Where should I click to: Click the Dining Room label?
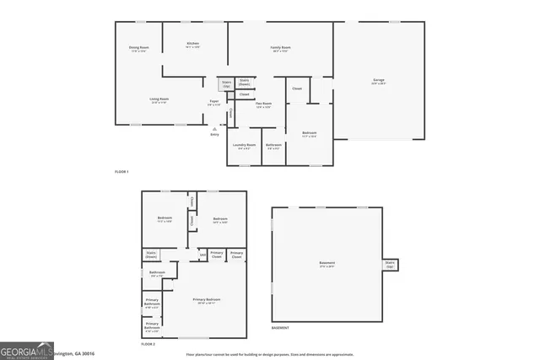tap(138, 49)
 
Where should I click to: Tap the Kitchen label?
tap(192, 46)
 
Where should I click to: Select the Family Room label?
tap(280, 49)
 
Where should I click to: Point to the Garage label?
tap(379, 82)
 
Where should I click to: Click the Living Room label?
tap(159, 101)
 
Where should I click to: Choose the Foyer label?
tap(215, 103)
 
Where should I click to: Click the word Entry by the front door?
tap(214, 134)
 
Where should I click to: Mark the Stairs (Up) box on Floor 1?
tap(226, 84)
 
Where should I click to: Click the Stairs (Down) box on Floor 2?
tap(151, 254)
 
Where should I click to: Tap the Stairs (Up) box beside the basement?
tap(390, 264)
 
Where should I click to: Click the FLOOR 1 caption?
tap(121, 172)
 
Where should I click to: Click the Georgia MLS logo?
tap(25, 351)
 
